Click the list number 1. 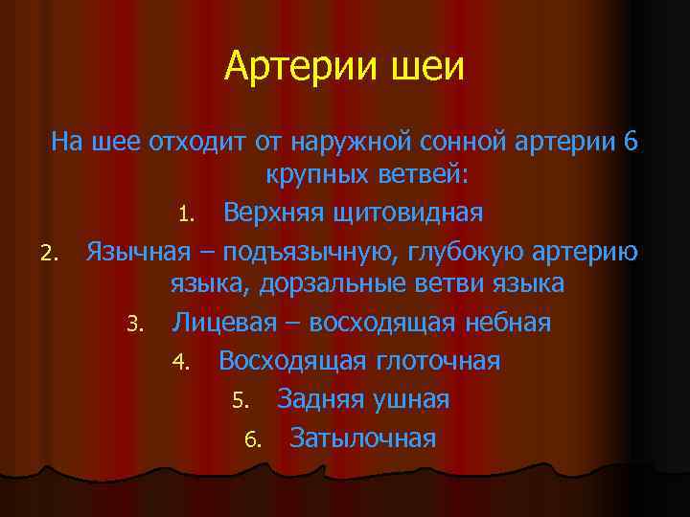[189, 214]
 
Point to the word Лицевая [225, 323]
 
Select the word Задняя [320, 399]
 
